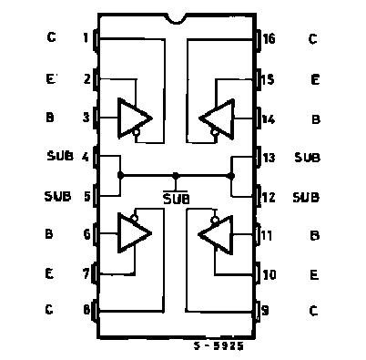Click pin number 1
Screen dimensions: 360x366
[86, 38]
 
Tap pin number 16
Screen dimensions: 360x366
[269, 38]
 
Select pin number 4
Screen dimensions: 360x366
[86, 157]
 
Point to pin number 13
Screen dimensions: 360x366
[269, 157]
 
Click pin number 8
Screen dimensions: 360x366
[86, 310]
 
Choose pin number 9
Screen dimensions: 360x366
[267, 310]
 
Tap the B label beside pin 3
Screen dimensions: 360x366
[50, 118]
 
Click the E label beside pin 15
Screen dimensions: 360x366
[314, 79]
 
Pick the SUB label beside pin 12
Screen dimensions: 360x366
[308, 196]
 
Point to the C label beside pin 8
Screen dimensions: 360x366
[49, 310]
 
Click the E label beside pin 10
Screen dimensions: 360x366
[313, 273]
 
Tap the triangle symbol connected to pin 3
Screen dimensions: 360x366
[133, 117]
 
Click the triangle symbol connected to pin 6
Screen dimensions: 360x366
[133, 233]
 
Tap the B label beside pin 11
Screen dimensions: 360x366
[314, 235]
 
